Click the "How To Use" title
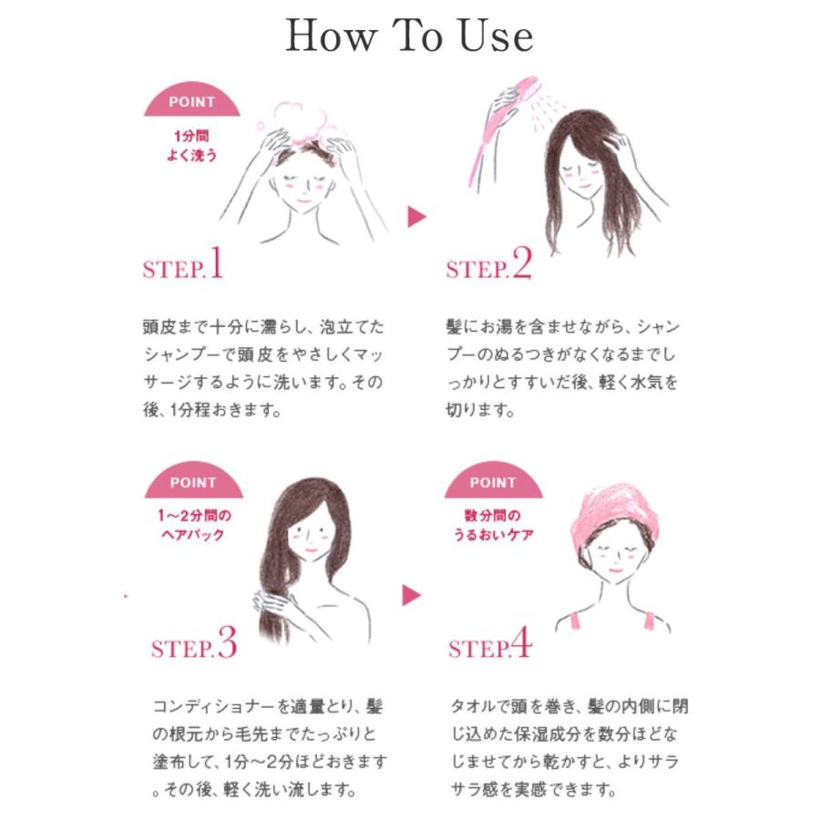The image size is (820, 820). [409, 36]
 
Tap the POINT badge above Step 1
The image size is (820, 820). [192, 99]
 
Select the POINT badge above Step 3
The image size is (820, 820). [193, 480]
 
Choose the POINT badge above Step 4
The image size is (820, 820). [493, 480]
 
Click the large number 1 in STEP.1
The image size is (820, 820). [217, 262]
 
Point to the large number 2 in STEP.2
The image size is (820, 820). [522, 262]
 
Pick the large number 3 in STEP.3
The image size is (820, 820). [228, 642]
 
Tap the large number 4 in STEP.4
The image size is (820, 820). [521, 642]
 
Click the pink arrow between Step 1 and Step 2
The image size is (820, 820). [416, 217]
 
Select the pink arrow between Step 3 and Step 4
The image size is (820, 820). [411, 595]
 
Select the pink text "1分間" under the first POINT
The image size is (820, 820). [191, 137]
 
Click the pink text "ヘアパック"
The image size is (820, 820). [193, 535]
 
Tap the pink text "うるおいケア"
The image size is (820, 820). [493, 535]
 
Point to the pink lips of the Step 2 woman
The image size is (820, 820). [584, 186]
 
